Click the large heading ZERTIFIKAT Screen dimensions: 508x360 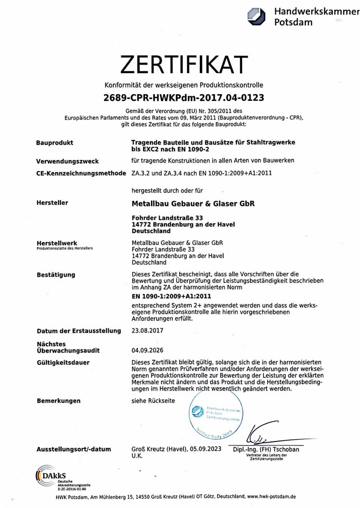[183, 64]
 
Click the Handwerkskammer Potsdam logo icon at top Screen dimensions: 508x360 [256, 16]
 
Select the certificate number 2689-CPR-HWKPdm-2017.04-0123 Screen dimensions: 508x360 [183, 98]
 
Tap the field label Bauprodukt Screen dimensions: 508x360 [54, 142]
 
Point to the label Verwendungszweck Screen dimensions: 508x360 [67, 161]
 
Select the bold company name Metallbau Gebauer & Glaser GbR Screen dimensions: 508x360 [193, 203]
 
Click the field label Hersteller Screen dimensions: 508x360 [52, 203]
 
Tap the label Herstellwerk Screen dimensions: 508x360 [57, 243]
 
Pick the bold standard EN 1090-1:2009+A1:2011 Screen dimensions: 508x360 [172, 296]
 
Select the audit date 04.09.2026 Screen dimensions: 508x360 [148, 350]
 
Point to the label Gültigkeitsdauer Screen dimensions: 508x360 [63, 363]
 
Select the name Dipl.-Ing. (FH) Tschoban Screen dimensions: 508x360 [266, 449]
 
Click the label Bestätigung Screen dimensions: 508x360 [56, 274]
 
